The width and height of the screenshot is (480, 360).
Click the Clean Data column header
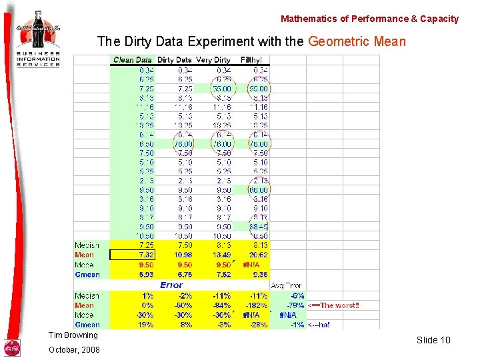[133, 60]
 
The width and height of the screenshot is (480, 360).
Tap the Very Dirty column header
[213, 60]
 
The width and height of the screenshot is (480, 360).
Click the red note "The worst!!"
[333, 305]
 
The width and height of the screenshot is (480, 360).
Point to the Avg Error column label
[286, 285]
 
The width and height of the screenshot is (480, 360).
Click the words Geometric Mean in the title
[357, 41]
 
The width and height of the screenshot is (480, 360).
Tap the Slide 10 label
[433, 340]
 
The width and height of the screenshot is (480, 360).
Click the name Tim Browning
[73, 335]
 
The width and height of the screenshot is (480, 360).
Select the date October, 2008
[73, 349]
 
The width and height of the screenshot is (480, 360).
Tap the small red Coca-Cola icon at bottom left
[12, 347]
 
